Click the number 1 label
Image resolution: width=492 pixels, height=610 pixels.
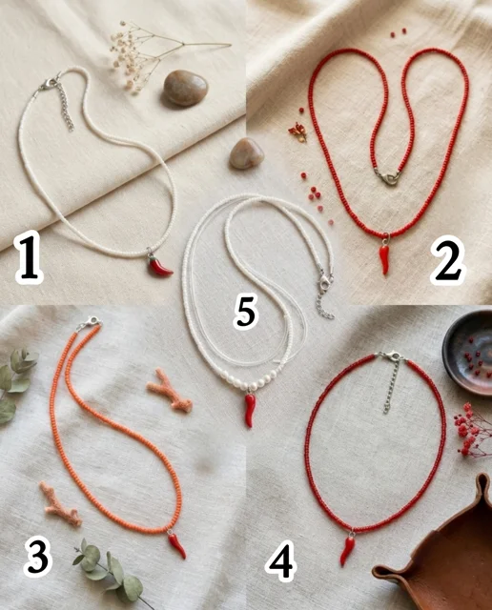point(29,256)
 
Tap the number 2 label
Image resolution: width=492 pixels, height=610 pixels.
point(447,260)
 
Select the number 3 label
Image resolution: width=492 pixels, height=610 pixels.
point(37,558)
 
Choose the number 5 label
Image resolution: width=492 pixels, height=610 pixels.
point(246,312)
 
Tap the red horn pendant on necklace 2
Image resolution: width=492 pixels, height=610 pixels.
point(384,257)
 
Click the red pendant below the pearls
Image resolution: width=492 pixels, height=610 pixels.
point(250,409)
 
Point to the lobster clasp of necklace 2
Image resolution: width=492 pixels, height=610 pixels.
point(389,178)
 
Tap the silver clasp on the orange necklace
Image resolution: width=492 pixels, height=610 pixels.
point(89,323)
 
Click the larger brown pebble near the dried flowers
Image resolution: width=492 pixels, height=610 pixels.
point(185,89)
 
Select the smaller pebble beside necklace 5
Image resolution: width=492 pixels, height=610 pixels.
point(246,153)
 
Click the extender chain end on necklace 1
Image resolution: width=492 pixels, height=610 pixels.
point(72,127)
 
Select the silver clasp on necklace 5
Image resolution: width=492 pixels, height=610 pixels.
point(325,282)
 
